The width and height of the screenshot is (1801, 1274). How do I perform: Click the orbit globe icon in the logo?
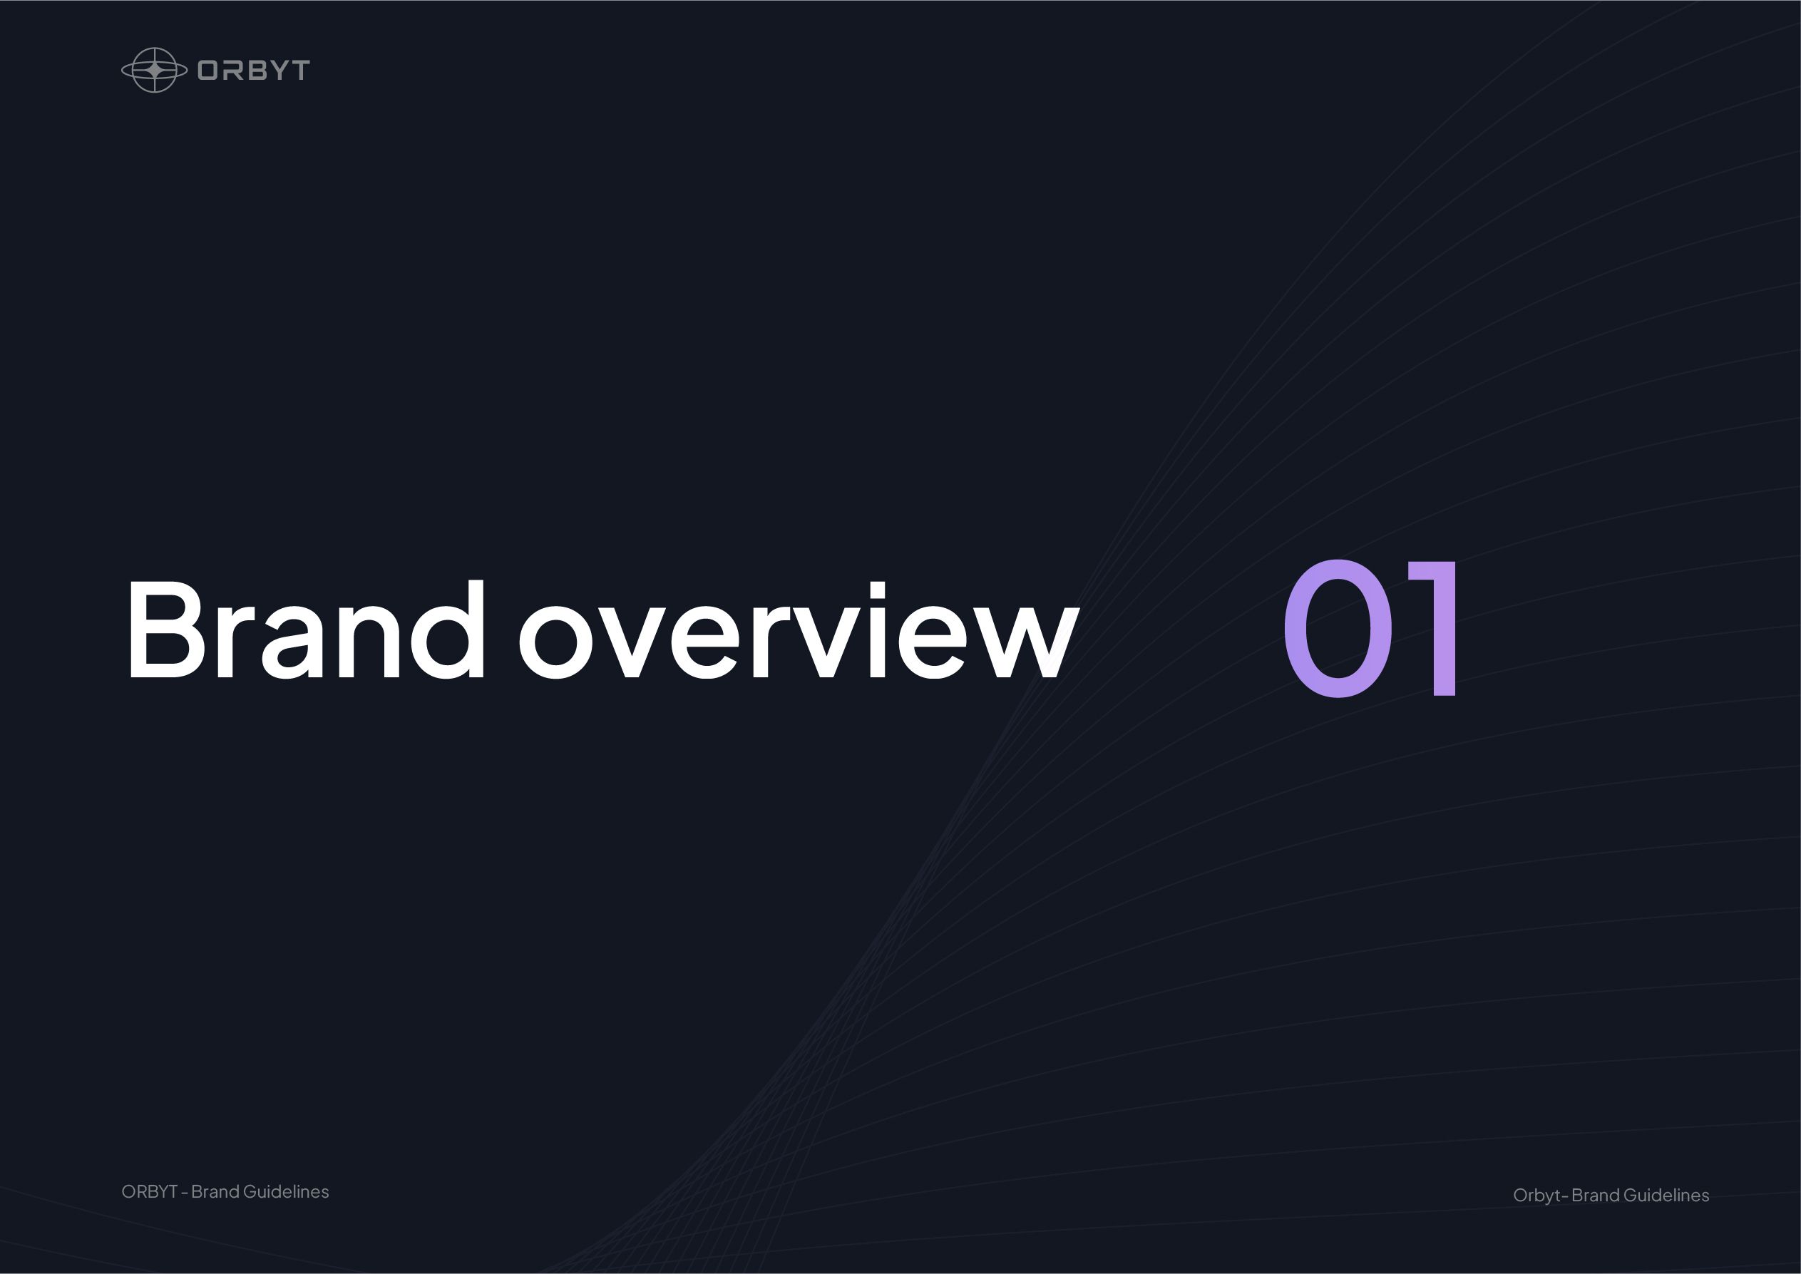155,70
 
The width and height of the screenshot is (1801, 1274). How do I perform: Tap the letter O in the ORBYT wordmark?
208,71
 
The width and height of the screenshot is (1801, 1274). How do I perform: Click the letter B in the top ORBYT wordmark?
252,71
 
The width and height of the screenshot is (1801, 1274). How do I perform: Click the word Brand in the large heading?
306,628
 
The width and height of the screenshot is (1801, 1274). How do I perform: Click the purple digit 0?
1338,627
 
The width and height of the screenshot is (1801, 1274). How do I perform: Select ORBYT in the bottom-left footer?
150,1191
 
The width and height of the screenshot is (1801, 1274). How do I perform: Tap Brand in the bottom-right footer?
1596,1195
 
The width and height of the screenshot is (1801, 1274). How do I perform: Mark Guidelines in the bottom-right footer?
1667,1195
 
